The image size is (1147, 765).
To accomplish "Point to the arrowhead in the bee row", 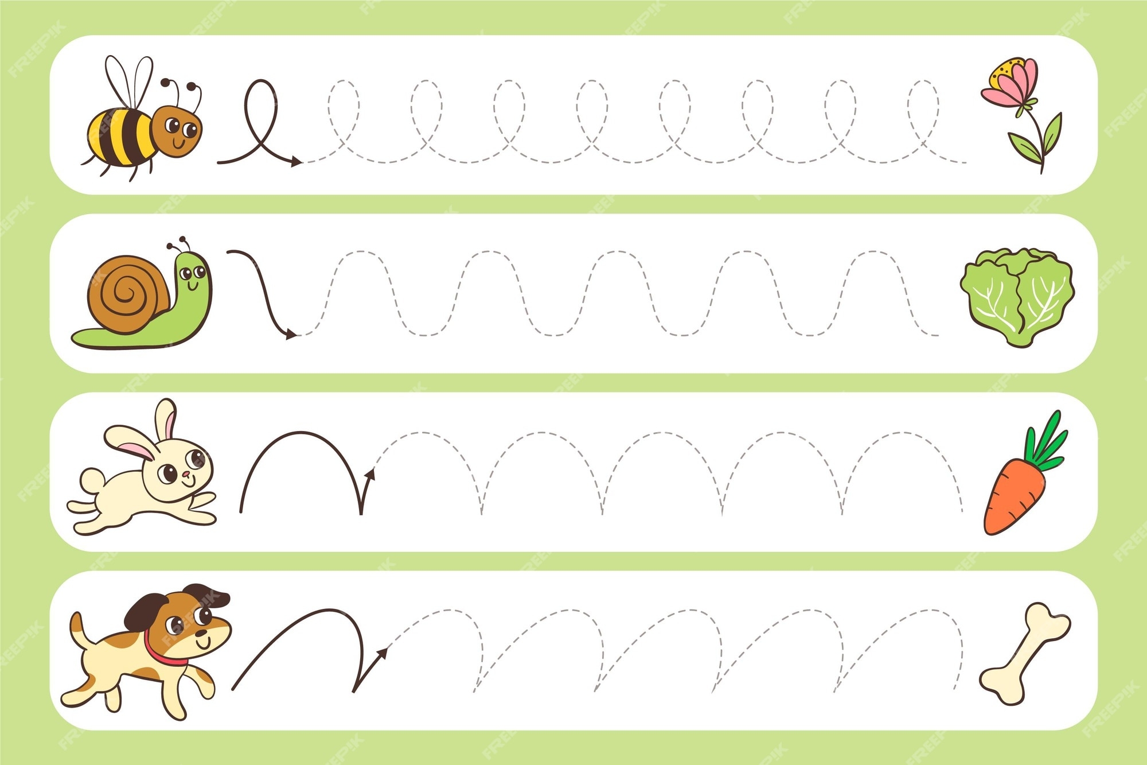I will pyautogui.click(x=296, y=162).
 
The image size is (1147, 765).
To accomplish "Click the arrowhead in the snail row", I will pyautogui.click(x=291, y=334).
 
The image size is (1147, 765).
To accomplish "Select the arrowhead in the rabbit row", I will pyautogui.click(x=370, y=473).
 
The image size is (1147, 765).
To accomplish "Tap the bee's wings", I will pyautogui.click(x=130, y=80).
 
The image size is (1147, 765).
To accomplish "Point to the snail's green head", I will pyautogui.click(x=194, y=275).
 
